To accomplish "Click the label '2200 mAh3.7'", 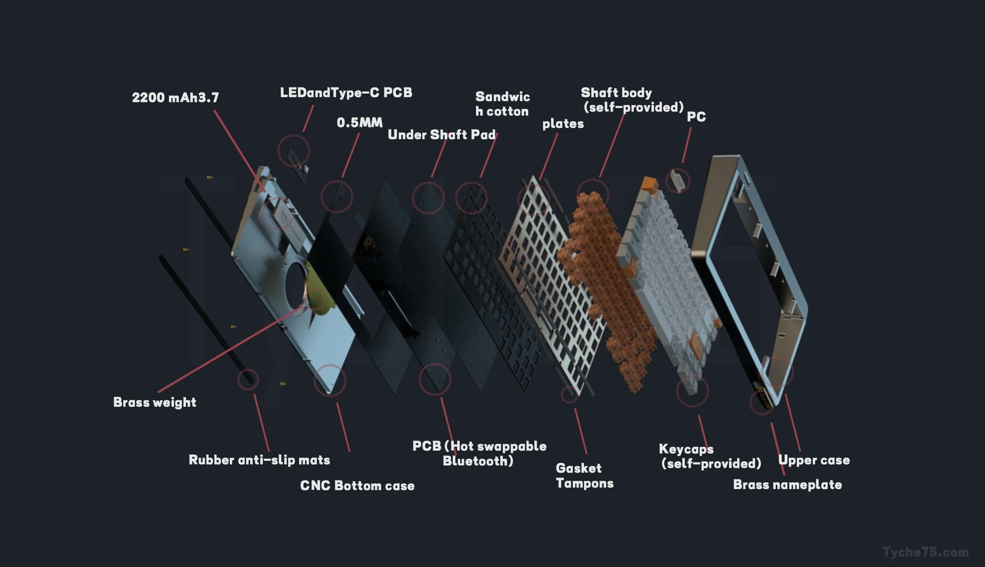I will [x=176, y=98].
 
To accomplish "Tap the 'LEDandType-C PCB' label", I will [x=346, y=92].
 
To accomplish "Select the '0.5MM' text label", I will [x=360, y=123].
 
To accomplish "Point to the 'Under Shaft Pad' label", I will [x=442, y=135].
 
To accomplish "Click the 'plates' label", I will [x=563, y=124].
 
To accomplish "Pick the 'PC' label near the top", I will [x=696, y=117].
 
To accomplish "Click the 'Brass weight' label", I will [x=154, y=402].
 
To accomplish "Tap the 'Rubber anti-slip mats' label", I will [x=259, y=460].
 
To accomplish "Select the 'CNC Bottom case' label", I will [x=357, y=486].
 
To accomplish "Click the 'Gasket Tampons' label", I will [x=584, y=476].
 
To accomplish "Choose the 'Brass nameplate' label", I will [x=787, y=485].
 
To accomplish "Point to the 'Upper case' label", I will [x=814, y=460].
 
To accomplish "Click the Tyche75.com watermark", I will [x=925, y=552].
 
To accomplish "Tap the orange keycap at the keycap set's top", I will [x=649, y=184].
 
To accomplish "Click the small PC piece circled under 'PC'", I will [x=677, y=181].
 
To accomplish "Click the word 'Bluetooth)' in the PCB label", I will [x=478, y=461].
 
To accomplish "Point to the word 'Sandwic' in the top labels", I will [x=503, y=97].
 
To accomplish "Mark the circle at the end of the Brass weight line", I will [x=316, y=299].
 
